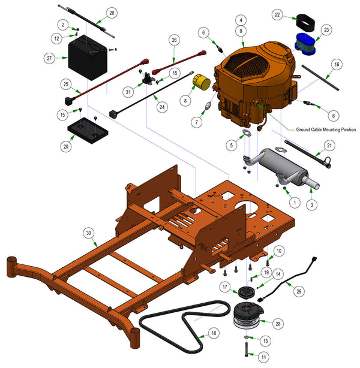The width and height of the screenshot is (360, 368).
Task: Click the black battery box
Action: tap(88, 57)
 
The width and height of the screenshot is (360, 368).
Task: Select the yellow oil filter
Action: tap(202, 82)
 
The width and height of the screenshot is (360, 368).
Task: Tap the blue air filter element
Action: tap(305, 44)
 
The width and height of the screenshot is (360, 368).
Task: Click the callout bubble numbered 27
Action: tap(49, 58)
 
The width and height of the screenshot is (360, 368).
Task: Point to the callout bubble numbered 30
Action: tap(88, 233)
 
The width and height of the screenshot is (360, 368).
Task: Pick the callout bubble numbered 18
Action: tap(214, 333)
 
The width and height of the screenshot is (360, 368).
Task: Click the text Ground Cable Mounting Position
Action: tap(326, 129)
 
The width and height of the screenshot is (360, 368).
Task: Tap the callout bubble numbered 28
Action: tap(278, 324)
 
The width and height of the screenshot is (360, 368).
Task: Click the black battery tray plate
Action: tap(88, 131)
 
